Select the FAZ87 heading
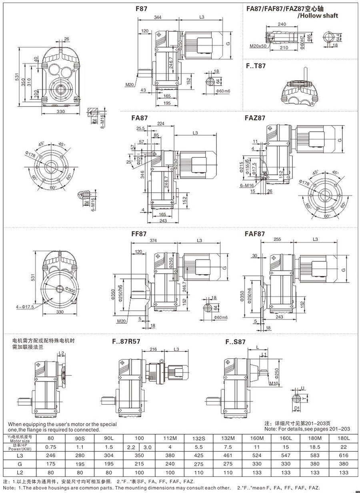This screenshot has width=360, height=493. click(254, 118)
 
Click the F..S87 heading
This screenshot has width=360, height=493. click(236, 342)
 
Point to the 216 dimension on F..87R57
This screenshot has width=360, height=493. click(153, 349)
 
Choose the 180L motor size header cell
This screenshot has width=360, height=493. click(344, 438)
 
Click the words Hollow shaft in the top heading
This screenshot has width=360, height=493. click(318, 16)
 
